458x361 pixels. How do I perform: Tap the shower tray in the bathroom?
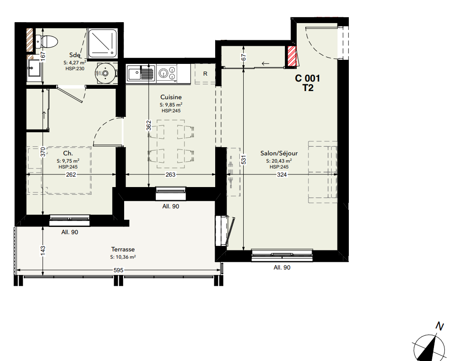point(102,43)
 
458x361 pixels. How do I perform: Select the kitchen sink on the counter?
point(140,73)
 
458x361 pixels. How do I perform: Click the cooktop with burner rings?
point(167,73)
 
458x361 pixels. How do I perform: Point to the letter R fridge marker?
point(205,74)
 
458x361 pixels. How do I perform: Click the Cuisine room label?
point(171,97)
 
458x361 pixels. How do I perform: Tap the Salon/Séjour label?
point(279,154)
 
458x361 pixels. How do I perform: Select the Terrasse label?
point(123,250)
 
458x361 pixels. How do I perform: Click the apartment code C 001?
point(308,78)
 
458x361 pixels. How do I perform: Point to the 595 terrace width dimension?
point(118,270)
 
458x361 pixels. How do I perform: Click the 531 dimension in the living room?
point(244,159)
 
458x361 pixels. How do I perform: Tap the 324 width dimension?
point(282,175)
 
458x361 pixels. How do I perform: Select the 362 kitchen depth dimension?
point(149,125)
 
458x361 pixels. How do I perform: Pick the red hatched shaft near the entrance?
point(292,56)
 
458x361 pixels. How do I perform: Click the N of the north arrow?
point(439,326)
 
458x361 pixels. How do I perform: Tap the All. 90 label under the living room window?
point(282,268)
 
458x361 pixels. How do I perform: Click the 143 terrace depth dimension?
point(43,250)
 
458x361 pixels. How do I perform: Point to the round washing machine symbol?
point(105,73)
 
